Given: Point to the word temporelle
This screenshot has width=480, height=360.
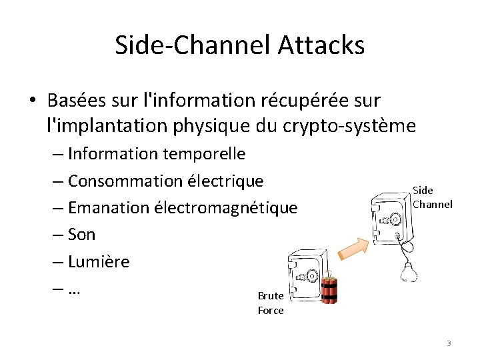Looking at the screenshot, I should coord(206,154).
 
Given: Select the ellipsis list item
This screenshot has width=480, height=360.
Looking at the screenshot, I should coord(74,289).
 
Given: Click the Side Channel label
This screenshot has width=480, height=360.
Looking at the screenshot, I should coord(431,197).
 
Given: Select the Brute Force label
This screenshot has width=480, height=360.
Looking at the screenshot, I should coord(271,303).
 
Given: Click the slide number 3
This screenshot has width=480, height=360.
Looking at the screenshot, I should coord(449,343).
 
